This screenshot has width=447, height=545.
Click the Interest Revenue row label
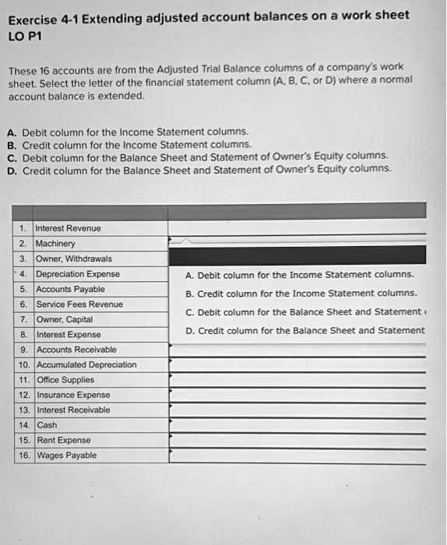point(69,228)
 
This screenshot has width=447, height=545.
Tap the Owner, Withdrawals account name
point(74,258)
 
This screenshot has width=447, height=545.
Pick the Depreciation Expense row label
point(78,274)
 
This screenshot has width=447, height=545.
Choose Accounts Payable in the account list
point(71,289)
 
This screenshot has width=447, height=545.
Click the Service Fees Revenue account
point(79,304)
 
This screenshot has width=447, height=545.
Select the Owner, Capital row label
point(65,319)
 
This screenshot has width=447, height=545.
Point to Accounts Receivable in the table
point(76,350)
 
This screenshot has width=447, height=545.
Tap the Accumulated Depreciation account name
point(86,364)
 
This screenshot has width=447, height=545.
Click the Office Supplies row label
point(65,380)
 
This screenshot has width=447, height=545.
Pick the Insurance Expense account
point(73,395)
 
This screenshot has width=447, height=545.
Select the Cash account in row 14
point(47,425)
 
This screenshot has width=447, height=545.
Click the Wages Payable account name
point(67,455)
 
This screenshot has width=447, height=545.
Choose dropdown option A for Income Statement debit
point(300,275)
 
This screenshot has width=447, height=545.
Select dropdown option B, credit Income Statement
point(301,294)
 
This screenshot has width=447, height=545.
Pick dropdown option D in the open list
point(304,331)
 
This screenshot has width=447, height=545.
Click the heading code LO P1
point(26,36)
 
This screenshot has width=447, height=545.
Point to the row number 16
point(24,455)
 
